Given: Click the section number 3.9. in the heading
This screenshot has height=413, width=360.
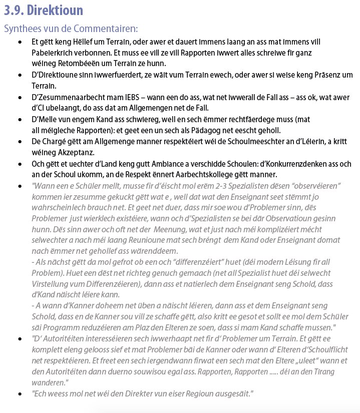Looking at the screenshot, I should [x=15, y=10].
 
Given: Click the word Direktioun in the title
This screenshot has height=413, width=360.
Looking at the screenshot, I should [x=56, y=10].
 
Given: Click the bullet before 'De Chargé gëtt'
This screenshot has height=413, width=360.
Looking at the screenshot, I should [x=20, y=142].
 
